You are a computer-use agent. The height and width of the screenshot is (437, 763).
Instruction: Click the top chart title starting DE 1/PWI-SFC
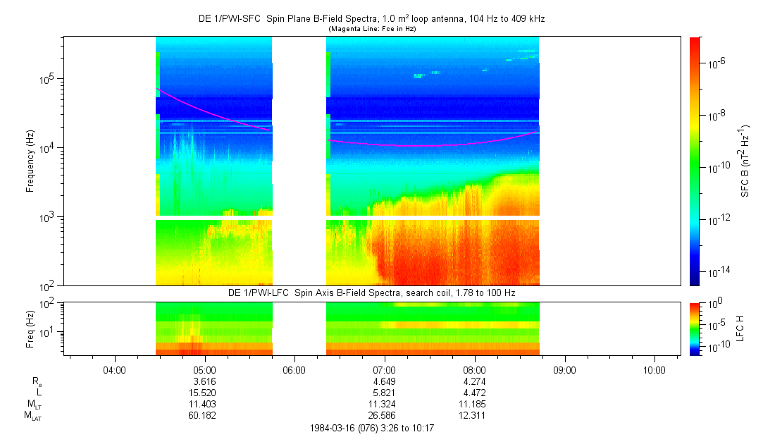[x=371, y=19]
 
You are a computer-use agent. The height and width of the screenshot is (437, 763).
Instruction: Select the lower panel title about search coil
[x=371, y=293]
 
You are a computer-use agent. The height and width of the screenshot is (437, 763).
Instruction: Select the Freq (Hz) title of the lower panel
[x=30, y=328]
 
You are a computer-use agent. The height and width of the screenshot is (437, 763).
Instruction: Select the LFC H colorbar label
[x=740, y=328]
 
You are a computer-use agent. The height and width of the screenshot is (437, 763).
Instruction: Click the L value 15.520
[x=204, y=393]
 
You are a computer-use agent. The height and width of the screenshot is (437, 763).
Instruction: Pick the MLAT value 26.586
[x=384, y=415]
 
